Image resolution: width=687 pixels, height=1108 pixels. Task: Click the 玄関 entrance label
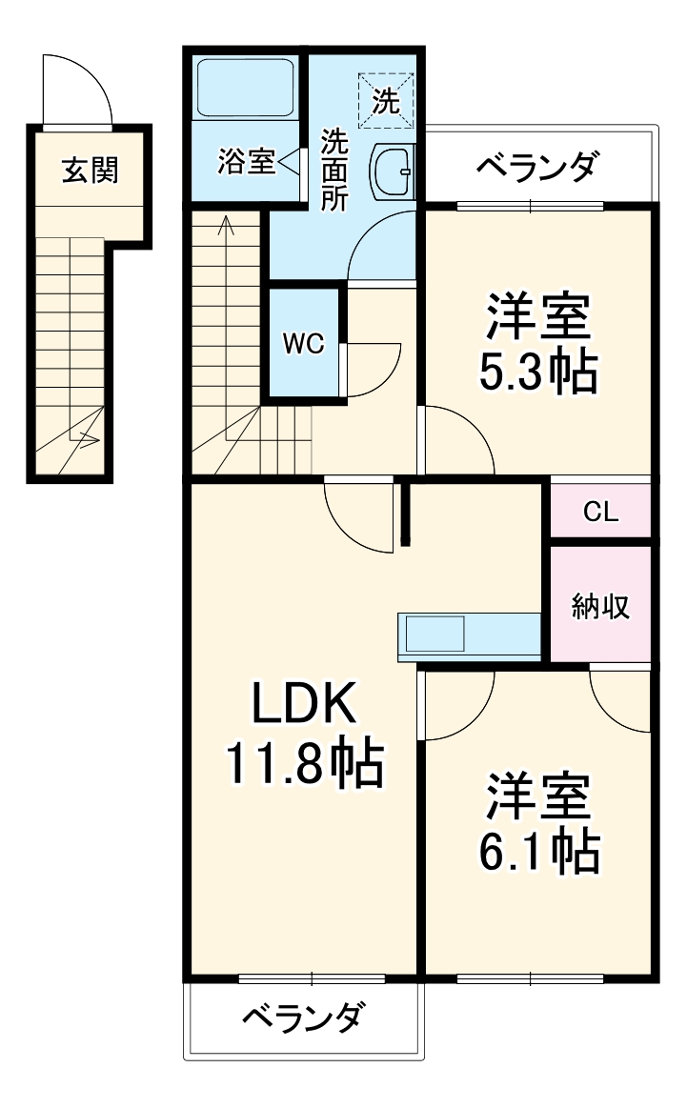coord(90,171)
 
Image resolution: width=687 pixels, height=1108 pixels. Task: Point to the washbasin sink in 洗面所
coord(392,172)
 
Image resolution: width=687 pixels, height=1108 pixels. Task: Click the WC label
coord(303,344)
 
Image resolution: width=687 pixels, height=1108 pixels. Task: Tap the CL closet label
coord(600,513)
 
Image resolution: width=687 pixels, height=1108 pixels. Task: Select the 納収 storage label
coord(600,606)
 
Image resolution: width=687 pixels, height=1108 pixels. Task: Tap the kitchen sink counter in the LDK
coord(434,632)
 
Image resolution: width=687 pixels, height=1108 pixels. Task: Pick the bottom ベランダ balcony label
coord(301,1018)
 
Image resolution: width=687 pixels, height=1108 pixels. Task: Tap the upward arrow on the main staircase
coord(226,225)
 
